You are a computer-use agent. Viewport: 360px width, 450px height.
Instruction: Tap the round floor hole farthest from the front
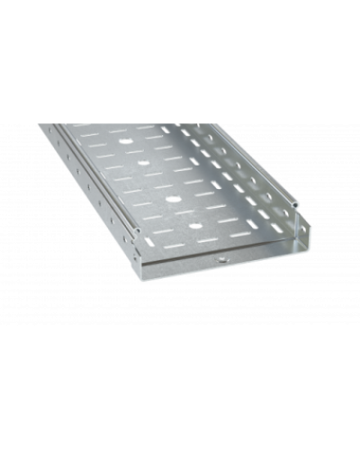(x=123, y=139)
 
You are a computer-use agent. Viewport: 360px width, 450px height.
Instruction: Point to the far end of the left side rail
(x=40, y=126)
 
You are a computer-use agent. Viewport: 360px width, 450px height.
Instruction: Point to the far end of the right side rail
(x=184, y=122)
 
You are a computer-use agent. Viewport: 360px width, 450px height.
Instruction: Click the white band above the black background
(x=180, y=22)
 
